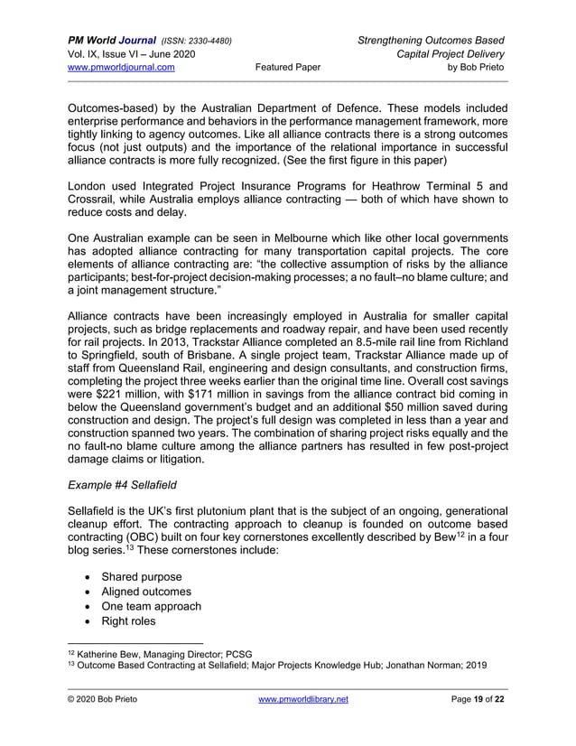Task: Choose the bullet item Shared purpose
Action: (141, 577)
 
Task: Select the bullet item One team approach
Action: (151, 606)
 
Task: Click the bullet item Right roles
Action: (131, 621)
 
